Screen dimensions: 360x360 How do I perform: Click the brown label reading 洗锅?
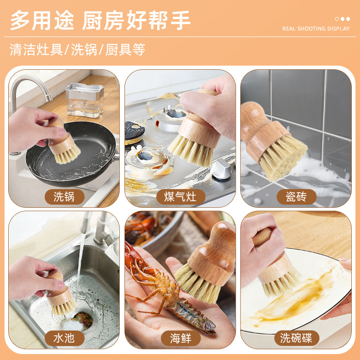(x=65, y=197)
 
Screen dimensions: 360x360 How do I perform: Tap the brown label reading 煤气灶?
(x=181, y=197)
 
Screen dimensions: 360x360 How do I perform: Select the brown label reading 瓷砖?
(x=296, y=197)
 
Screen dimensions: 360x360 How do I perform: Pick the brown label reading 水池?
(x=65, y=338)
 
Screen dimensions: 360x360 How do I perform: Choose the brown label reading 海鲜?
(x=181, y=338)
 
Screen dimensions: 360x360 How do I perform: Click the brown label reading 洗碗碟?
(x=296, y=338)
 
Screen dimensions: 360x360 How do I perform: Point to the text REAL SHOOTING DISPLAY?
(x=316, y=29)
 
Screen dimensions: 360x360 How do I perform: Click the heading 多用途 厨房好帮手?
(x=100, y=20)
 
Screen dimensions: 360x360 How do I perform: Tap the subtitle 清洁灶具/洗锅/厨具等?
(x=77, y=49)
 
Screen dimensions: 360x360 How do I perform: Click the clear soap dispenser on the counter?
(x=84, y=100)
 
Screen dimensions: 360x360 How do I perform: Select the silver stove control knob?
(x=221, y=169)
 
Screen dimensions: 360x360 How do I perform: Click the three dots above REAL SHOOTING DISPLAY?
(x=342, y=19)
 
